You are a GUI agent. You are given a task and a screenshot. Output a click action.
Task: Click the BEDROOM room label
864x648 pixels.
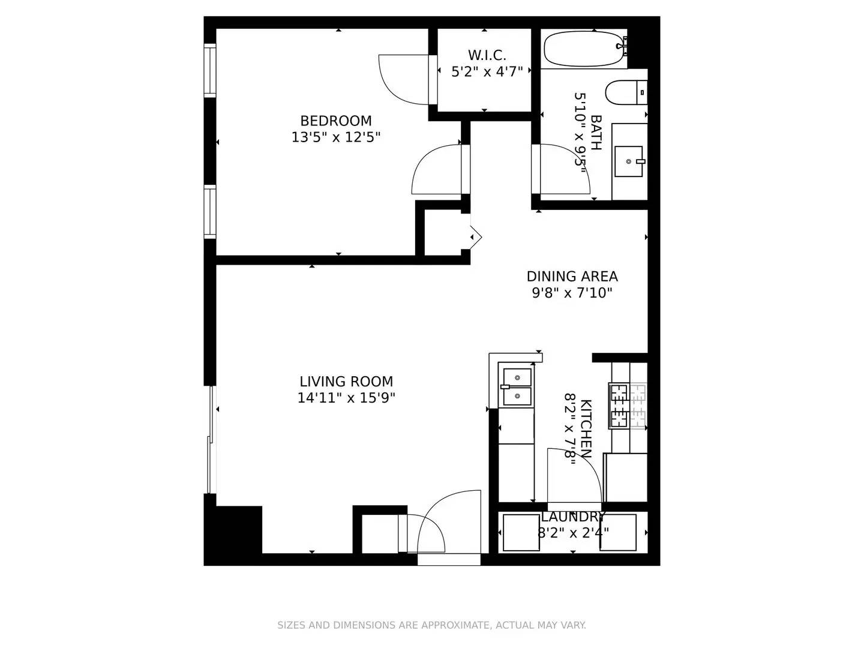[x=335, y=121]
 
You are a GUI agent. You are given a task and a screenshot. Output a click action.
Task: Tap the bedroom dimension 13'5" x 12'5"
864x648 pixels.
[x=335, y=137]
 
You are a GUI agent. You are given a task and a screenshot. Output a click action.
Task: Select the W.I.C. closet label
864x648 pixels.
[x=487, y=55]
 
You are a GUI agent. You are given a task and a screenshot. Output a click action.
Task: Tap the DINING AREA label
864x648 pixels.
[x=572, y=277]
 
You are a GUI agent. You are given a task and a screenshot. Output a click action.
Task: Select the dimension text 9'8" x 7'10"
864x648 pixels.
[x=572, y=293]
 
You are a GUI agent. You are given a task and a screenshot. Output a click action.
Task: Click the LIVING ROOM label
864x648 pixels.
[x=346, y=382]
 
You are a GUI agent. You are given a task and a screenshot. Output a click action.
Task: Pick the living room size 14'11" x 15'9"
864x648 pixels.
[x=346, y=398]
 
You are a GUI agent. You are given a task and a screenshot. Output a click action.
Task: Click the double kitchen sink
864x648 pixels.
[x=517, y=387]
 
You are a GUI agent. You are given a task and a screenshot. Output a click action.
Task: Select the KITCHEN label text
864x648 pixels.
[x=586, y=428]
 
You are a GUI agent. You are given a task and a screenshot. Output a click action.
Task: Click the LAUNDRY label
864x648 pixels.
[x=573, y=517]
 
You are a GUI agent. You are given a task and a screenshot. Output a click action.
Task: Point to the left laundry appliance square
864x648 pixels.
[x=521, y=532]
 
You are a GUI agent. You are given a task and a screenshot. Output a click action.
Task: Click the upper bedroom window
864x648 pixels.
[x=209, y=71]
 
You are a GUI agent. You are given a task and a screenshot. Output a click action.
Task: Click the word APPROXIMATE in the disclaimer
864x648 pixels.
[x=455, y=625]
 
